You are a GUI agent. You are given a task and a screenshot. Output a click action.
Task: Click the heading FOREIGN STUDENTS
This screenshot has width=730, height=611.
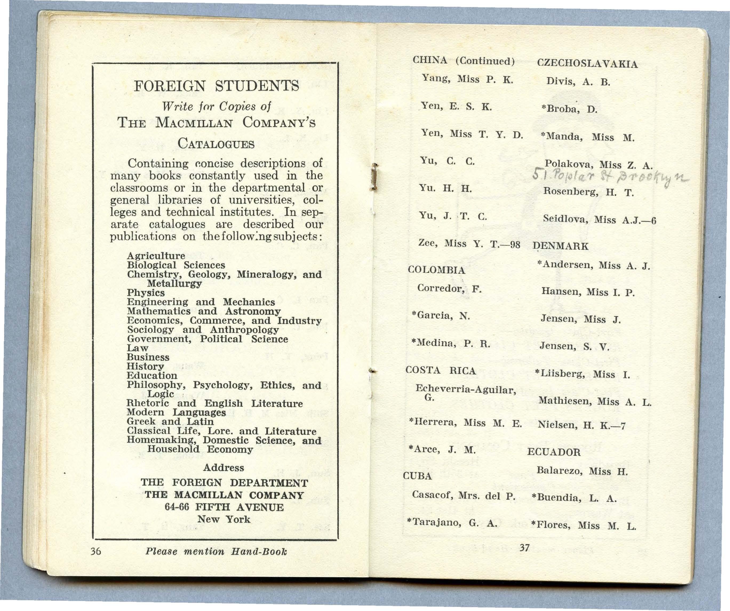[x=216, y=86]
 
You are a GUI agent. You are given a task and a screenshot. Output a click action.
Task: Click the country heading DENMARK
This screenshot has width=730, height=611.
[x=560, y=246]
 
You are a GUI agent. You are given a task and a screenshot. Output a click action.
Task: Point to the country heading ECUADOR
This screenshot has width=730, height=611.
[x=554, y=452]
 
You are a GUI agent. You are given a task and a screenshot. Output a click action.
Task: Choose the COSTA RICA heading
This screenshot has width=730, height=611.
[x=440, y=371]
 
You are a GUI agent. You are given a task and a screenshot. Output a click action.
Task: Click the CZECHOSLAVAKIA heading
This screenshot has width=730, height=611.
[x=588, y=64]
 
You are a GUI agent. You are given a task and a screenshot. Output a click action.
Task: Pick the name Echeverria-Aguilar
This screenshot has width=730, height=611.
[x=466, y=389]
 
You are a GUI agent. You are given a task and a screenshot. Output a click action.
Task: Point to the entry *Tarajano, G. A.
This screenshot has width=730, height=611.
[x=452, y=523]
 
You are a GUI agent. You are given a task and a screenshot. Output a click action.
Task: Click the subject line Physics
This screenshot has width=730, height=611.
[x=146, y=293]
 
